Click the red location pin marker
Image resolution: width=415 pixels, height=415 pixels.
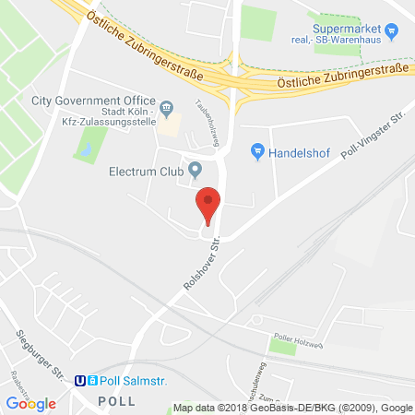[209, 203]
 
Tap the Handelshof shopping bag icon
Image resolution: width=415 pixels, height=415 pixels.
[258, 150]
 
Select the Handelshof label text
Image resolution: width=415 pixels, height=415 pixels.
[299, 151]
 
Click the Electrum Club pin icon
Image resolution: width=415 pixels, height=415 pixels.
[196, 170]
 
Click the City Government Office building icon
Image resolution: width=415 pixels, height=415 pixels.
[168, 108]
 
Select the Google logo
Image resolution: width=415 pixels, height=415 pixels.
[30, 403]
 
